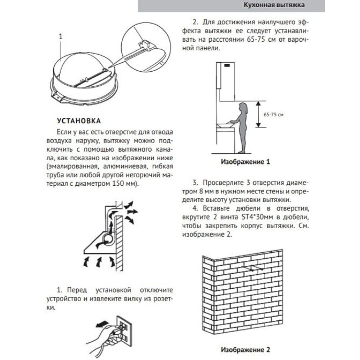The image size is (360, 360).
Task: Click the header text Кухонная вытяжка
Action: [274, 5]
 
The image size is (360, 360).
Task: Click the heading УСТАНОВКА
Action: [79, 120]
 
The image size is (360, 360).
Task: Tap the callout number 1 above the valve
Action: [60, 36]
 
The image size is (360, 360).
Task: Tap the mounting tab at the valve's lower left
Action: [57, 96]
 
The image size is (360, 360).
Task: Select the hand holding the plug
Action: [104, 335]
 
